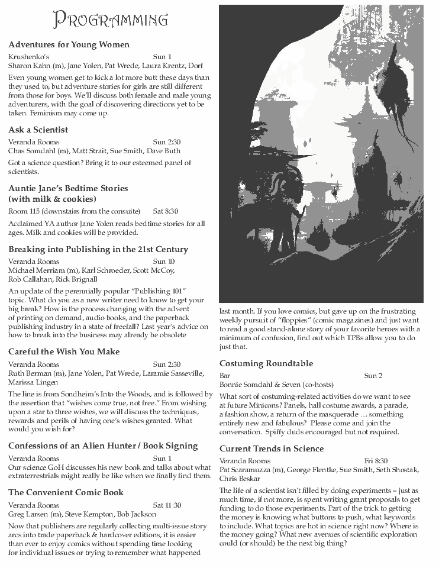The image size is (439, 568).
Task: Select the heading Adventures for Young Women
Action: point(69,44)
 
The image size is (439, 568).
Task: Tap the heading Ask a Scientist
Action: point(38,130)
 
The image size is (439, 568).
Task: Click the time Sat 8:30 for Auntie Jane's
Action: point(166,211)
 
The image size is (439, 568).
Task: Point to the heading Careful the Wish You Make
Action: point(64,351)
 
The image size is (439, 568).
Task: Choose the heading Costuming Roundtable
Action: point(266,363)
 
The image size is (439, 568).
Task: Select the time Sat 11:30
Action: point(167,505)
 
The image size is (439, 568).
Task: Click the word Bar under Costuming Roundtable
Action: point(225,376)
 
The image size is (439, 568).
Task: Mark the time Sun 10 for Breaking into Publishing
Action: point(163,261)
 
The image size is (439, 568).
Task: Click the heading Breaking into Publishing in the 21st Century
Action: point(98,249)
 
